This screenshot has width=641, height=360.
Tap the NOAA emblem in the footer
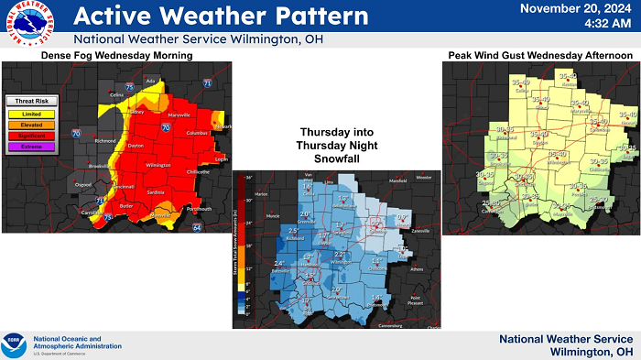tap(15, 341)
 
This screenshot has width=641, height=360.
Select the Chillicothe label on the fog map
tap(198, 171)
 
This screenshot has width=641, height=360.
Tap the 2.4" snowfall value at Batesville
tap(280, 263)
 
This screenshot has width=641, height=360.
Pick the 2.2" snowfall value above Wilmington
tap(340, 254)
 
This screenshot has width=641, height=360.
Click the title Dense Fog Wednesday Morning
tap(116, 57)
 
